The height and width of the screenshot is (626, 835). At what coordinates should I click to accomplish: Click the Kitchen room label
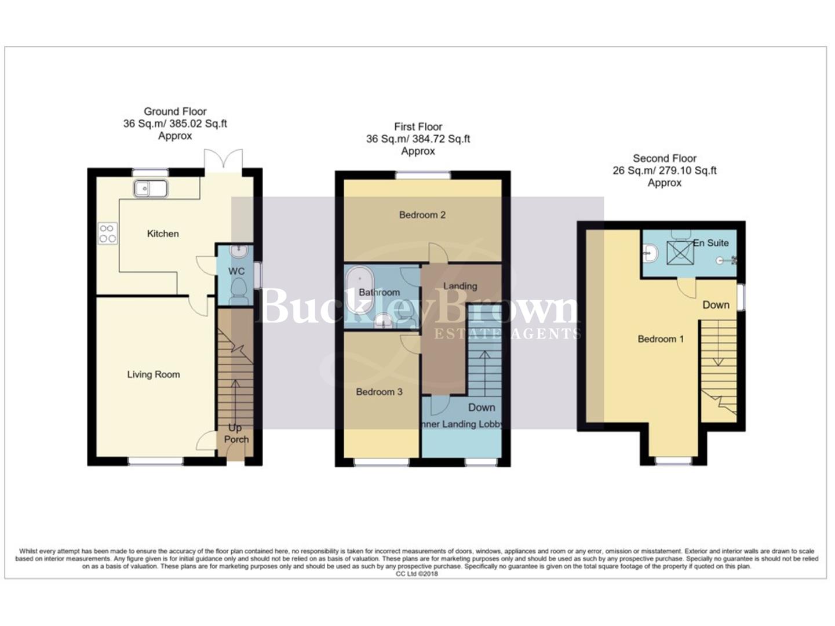pos(163,234)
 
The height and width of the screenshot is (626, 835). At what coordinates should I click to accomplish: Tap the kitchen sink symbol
pos(151,188)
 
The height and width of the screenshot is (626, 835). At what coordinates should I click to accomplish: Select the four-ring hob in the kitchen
pos(108,233)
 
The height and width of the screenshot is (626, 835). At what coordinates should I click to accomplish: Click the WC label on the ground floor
pos(236,271)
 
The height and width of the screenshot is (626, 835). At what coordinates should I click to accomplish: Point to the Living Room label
pos(154,374)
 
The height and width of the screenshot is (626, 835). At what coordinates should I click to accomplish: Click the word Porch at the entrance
pos(236,439)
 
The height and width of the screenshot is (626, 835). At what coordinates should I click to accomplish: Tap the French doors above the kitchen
pos(223,161)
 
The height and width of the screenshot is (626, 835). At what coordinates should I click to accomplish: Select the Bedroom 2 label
pos(422,215)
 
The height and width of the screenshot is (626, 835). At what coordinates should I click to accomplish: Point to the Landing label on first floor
pos(460,286)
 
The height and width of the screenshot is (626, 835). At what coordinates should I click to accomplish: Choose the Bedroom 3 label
pos(379,392)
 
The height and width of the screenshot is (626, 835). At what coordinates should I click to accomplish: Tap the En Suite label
pos(711,243)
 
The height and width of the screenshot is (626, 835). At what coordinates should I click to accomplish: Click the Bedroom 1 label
pos(661,339)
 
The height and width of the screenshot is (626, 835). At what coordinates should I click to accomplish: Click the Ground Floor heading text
pos(175,111)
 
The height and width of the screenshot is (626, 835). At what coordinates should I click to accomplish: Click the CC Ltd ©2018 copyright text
pos(417,574)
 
